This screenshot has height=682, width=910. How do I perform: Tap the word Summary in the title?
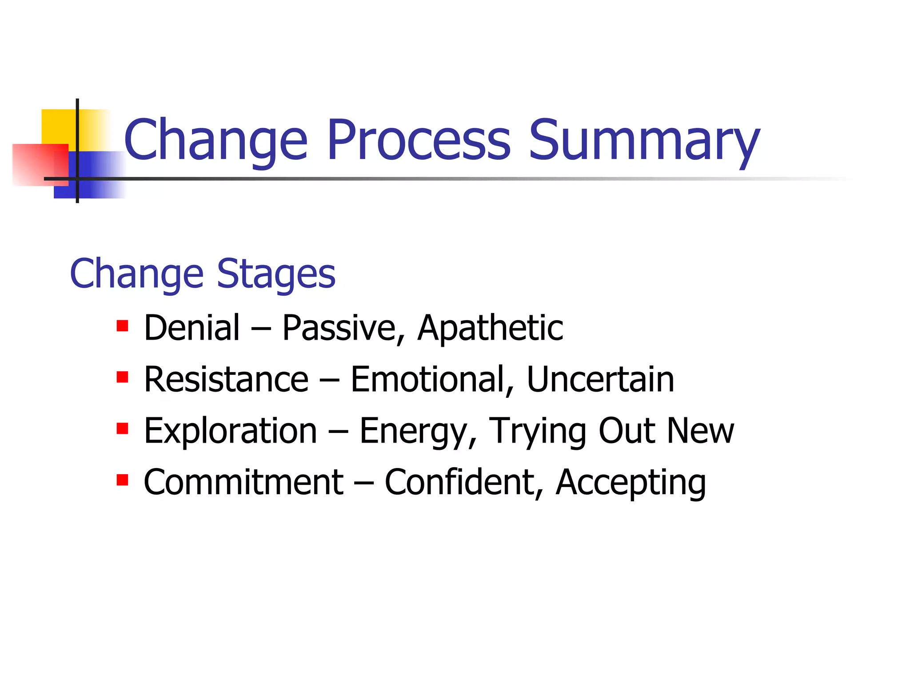click(x=644, y=140)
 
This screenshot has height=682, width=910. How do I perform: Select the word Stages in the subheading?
click(x=276, y=274)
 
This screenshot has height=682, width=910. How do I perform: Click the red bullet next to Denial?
click(x=122, y=326)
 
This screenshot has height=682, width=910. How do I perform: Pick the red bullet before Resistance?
click(x=122, y=378)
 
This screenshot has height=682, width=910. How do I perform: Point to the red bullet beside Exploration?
click(x=122, y=429)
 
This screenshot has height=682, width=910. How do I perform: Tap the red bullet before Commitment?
click(x=122, y=480)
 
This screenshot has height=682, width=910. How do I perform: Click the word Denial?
click(x=192, y=328)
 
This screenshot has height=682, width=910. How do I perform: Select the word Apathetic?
click(x=490, y=328)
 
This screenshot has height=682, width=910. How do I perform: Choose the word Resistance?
click(x=226, y=379)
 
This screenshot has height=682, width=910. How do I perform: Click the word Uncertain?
click(x=600, y=379)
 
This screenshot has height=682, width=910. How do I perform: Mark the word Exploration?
click(x=230, y=431)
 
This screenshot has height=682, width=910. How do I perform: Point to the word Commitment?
click(x=243, y=482)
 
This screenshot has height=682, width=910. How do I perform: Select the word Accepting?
click(x=631, y=482)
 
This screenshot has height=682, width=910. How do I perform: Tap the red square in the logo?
click(x=36, y=164)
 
